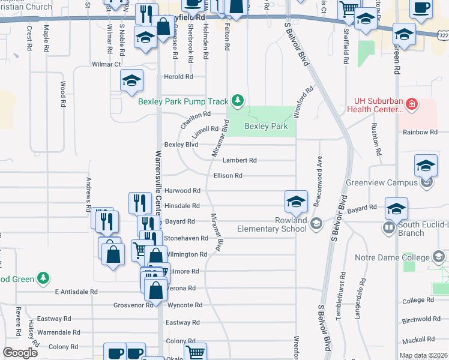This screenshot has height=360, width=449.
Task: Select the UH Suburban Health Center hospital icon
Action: click(x=411, y=105)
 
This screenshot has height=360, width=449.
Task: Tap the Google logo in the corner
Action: click(x=20, y=352)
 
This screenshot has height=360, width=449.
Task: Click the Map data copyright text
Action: click(x=423, y=356)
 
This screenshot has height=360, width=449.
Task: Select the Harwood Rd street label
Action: click(x=182, y=190)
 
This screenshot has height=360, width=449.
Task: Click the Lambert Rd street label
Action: click(x=240, y=160)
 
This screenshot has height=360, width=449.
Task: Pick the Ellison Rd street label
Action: click(x=228, y=175)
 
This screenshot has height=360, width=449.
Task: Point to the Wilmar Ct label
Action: click(x=106, y=64)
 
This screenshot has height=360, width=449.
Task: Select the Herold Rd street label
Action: click(x=178, y=77)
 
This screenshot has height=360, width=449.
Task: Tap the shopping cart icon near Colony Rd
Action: click(x=195, y=353)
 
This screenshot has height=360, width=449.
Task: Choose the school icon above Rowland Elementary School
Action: click(x=296, y=202)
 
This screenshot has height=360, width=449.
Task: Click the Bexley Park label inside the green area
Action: click(x=266, y=126)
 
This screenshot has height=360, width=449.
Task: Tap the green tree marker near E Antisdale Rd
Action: click(x=42, y=278)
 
